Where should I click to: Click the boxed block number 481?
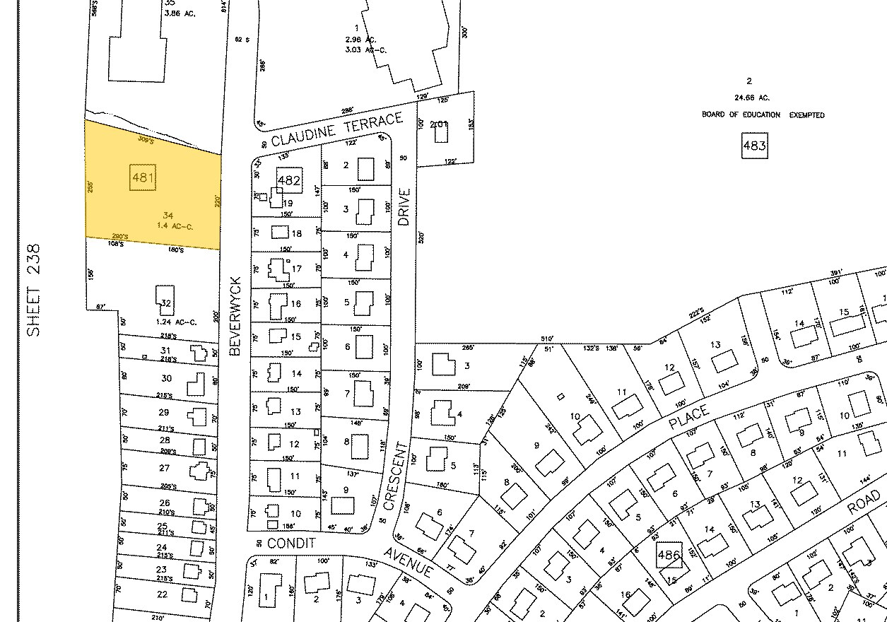[142, 177]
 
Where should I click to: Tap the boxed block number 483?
[754, 146]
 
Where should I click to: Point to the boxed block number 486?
[669, 556]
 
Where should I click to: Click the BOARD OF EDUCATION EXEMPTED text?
[763, 115]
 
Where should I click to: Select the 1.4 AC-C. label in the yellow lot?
[175, 225]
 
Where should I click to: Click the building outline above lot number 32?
[165, 295]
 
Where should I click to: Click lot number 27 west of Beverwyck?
[165, 468]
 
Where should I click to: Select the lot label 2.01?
[440, 124]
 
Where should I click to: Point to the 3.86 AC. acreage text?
[179, 12]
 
